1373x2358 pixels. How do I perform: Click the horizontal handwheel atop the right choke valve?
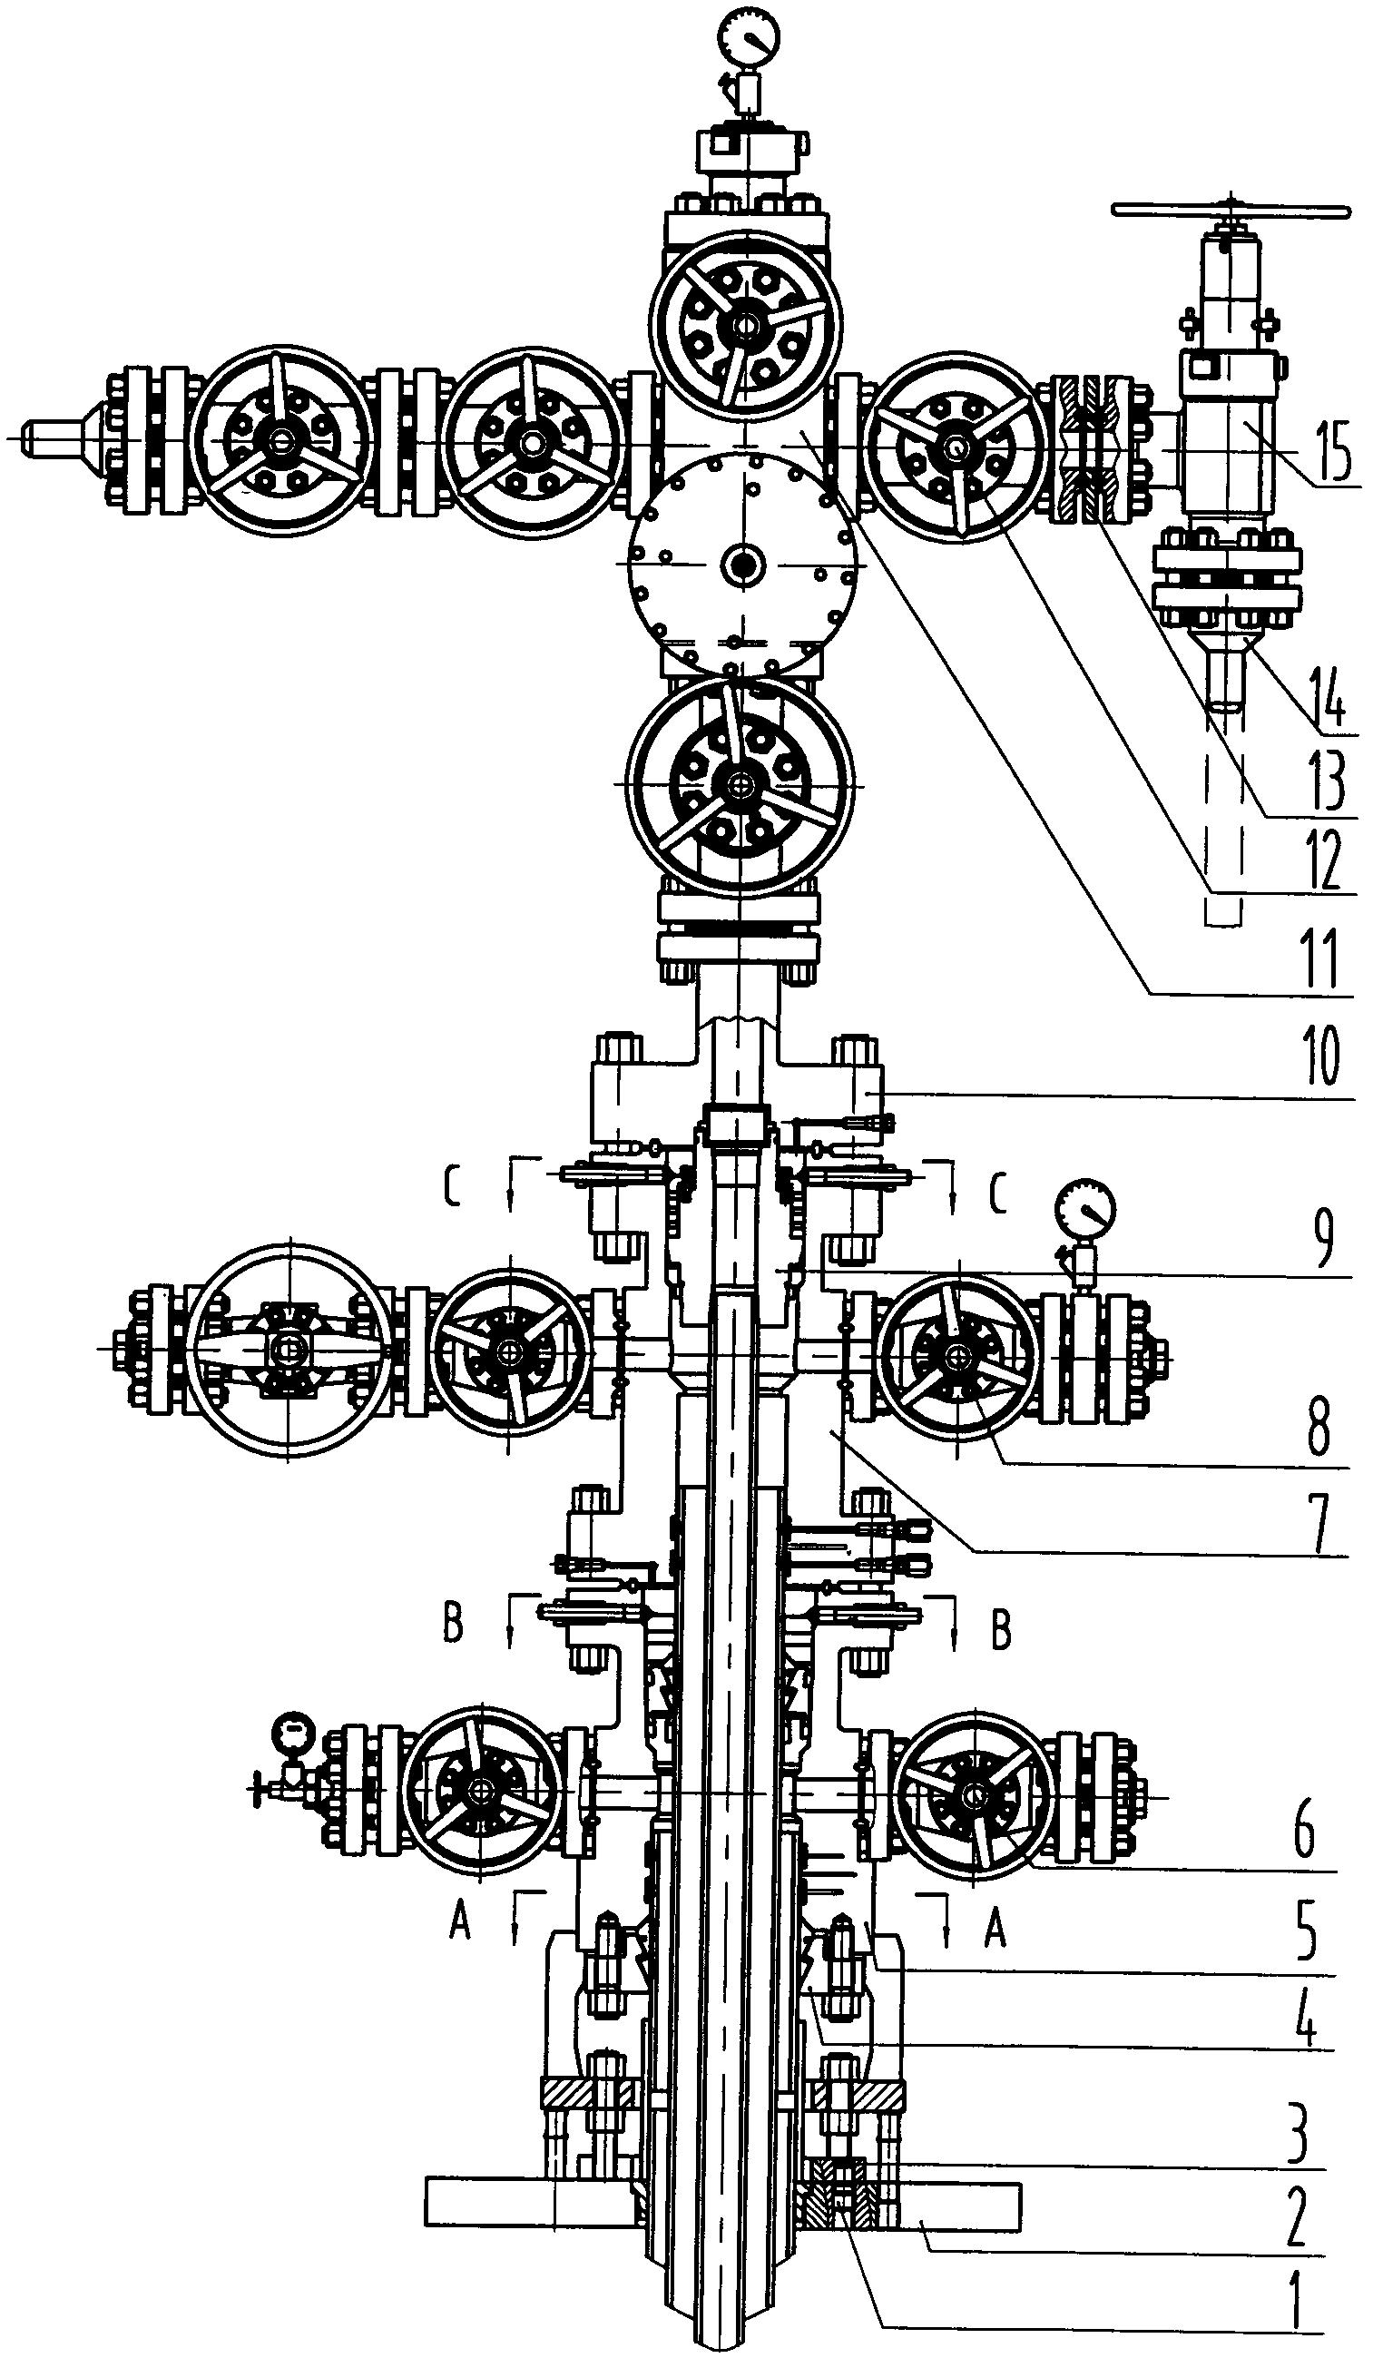1231,211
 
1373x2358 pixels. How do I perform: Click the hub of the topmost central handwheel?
746,325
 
